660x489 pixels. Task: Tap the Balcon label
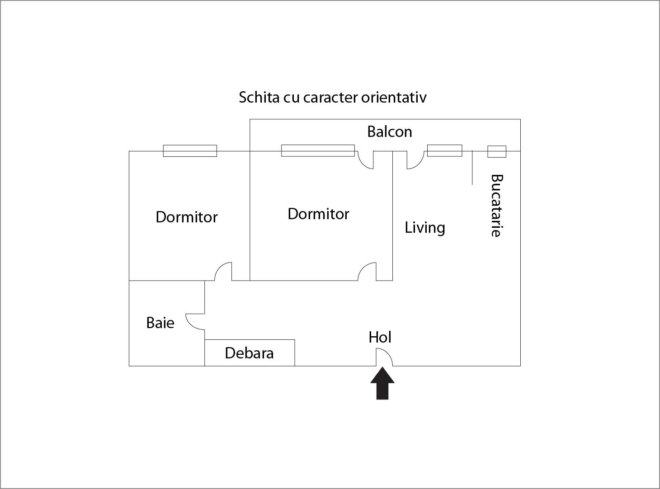(390, 132)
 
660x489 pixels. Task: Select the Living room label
(424, 227)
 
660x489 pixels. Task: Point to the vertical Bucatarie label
(496, 206)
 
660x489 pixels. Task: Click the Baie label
(160, 323)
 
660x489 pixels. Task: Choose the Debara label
(249, 353)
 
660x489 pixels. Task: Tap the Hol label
(380, 337)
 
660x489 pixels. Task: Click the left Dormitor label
(186, 217)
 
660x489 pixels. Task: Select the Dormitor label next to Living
(318, 214)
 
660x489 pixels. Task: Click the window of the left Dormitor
(190, 151)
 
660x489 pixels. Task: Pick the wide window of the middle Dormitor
(318, 150)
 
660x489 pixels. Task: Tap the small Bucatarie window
(496, 151)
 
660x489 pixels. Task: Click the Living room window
(445, 150)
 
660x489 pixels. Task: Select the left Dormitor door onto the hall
(223, 271)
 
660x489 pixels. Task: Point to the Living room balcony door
(415, 160)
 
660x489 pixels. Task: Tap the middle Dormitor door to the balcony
(366, 160)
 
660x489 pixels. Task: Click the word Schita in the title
(259, 97)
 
